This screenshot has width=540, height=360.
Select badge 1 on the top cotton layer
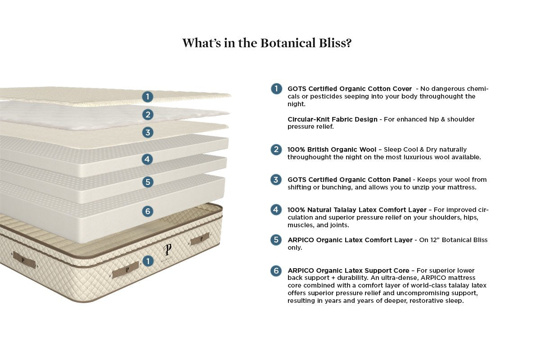pyautogui.click(x=148, y=96)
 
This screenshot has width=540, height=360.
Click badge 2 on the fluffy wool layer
pyautogui.click(x=148, y=115)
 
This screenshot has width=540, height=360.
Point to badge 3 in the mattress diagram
pyautogui.click(x=148, y=132)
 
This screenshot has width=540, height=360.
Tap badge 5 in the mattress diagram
pyautogui.click(x=148, y=182)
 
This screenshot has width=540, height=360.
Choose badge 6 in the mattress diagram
pyautogui.click(x=148, y=211)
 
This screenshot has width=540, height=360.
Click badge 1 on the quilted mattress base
pyautogui.click(x=148, y=261)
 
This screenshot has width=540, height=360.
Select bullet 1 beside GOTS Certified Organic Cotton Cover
pyautogui.click(x=276, y=89)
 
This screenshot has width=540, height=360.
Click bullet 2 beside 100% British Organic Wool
pyautogui.click(x=276, y=149)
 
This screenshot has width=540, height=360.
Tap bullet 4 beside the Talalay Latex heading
pyautogui.click(x=276, y=210)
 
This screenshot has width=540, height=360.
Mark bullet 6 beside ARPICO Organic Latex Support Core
pyautogui.click(x=276, y=270)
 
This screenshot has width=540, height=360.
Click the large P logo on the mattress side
pyautogui.click(x=167, y=249)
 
